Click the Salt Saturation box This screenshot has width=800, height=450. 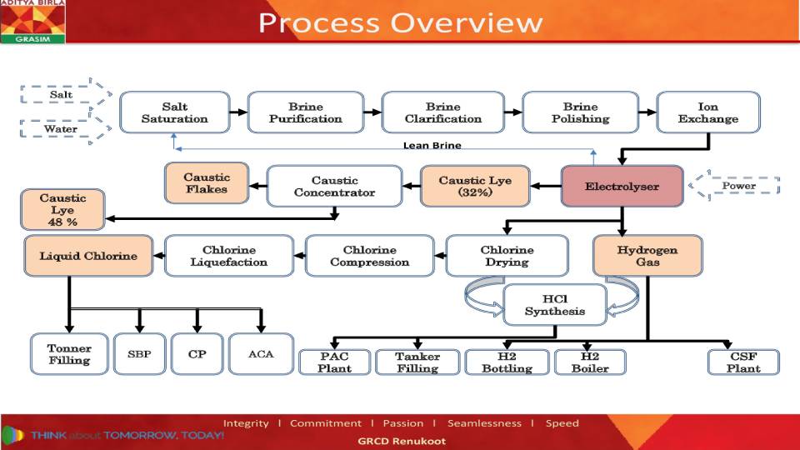[175, 112]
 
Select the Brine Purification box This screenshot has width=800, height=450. [305, 112]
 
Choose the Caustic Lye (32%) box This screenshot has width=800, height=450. [475, 186]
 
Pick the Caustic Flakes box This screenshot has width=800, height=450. [207, 183]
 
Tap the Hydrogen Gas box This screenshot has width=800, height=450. [647, 256]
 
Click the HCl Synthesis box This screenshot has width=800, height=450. [554, 304]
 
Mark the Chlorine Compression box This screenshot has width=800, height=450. [369, 256]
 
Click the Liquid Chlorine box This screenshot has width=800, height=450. [88, 256]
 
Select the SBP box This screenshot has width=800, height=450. [139, 354]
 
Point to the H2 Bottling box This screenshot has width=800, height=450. [507, 362]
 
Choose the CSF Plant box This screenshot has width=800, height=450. [743, 362]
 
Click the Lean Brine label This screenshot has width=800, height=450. [432, 145]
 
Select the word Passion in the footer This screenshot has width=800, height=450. [403, 423]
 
